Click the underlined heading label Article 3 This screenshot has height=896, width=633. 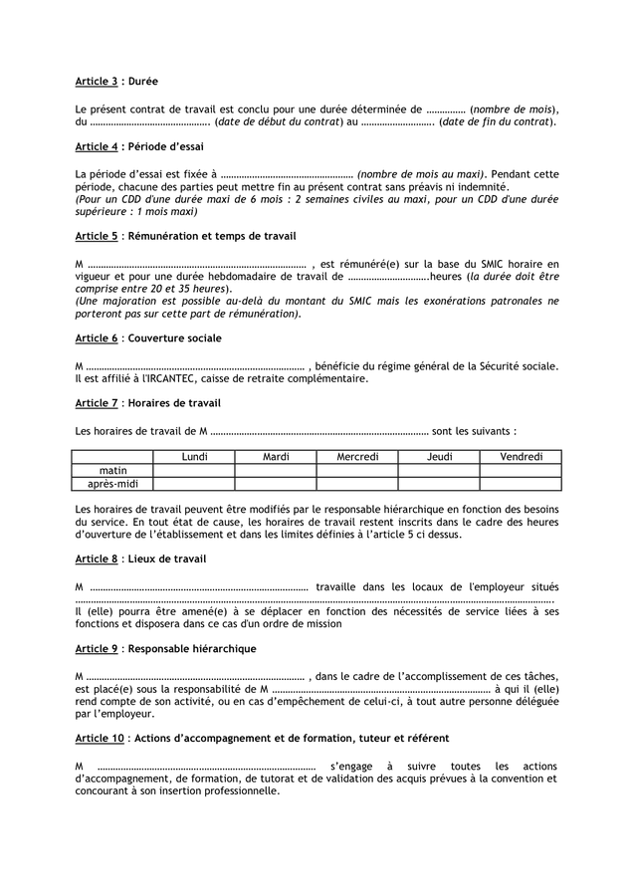point(97,80)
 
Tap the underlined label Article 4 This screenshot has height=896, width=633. point(97,146)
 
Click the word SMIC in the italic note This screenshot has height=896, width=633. point(381,300)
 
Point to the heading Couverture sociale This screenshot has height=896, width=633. point(175,338)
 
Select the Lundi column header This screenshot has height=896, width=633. point(194,457)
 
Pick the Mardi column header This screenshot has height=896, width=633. point(276,457)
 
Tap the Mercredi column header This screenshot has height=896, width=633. point(357,457)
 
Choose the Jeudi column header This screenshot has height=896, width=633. point(439,457)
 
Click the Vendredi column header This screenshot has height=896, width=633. point(521,457)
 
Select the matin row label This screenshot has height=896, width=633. point(112,470)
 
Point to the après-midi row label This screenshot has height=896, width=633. point(112,484)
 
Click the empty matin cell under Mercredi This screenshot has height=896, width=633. point(357,470)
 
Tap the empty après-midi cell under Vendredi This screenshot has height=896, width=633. point(521,484)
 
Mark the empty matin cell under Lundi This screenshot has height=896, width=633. point(194,470)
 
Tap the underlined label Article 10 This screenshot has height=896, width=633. point(100,739)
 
